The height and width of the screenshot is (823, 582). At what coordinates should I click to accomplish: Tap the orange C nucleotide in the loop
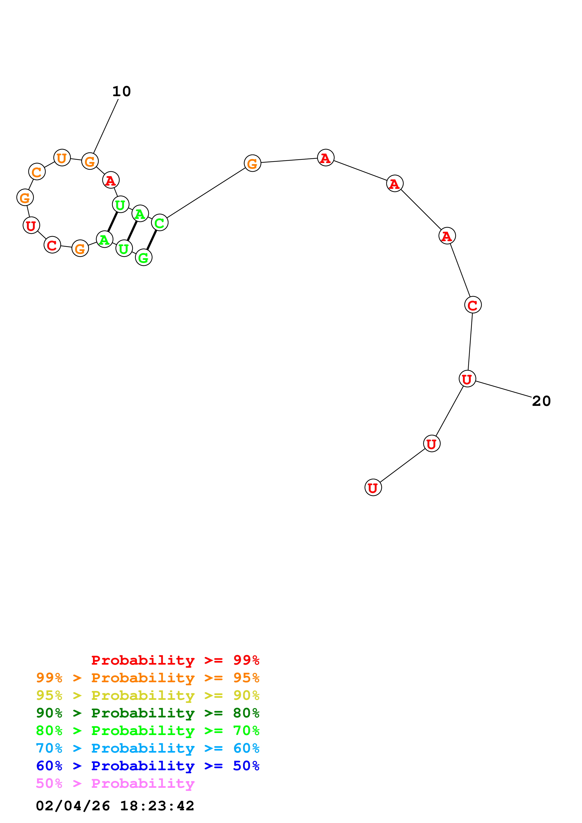pyautogui.click(x=37, y=172)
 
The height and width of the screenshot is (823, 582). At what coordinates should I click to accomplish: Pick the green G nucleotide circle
pyautogui.click(x=143, y=257)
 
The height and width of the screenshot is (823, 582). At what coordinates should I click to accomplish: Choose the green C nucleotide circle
pyautogui.click(x=160, y=223)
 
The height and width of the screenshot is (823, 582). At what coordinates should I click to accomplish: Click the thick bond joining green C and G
pyautogui.click(x=152, y=240)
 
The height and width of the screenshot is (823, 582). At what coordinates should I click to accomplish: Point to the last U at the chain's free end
pyautogui.click(x=373, y=488)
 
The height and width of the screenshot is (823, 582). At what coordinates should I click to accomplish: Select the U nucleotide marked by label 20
pyautogui.click(x=467, y=379)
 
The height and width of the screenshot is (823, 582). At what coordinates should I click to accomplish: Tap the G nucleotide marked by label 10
pyautogui.click(x=90, y=161)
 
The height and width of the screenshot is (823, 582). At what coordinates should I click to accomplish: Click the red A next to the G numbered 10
pyautogui.click(x=111, y=180)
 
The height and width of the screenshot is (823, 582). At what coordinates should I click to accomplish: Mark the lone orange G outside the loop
pyautogui.click(x=252, y=164)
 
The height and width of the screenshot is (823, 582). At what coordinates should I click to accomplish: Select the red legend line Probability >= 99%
pyautogui.click(x=175, y=660)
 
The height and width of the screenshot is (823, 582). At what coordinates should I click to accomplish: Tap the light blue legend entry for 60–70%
pyautogui.click(x=147, y=748)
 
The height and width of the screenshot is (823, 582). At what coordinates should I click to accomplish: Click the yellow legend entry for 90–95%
pyautogui.click(x=147, y=695)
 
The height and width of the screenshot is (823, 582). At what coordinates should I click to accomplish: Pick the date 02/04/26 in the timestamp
pyautogui.click(x=73, y=806)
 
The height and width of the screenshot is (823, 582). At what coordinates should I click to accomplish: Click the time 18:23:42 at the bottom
pyautogui.click(x=157, y=806)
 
